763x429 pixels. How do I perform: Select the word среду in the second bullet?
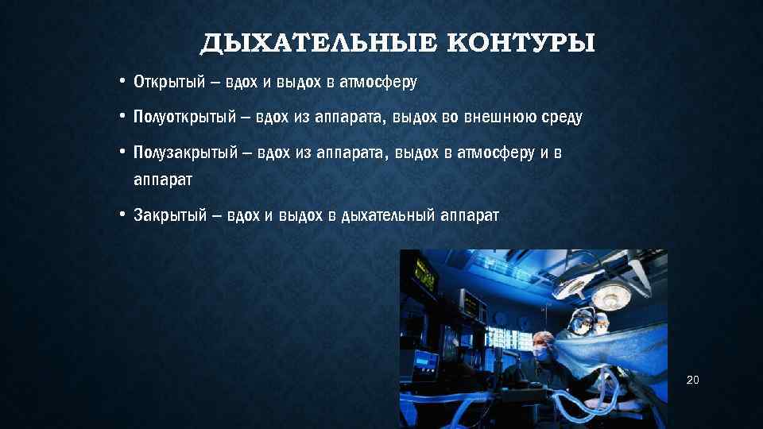pos(562,118)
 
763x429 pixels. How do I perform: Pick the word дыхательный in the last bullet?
pos(386,215)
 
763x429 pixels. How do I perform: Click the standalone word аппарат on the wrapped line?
pos(163,180)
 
